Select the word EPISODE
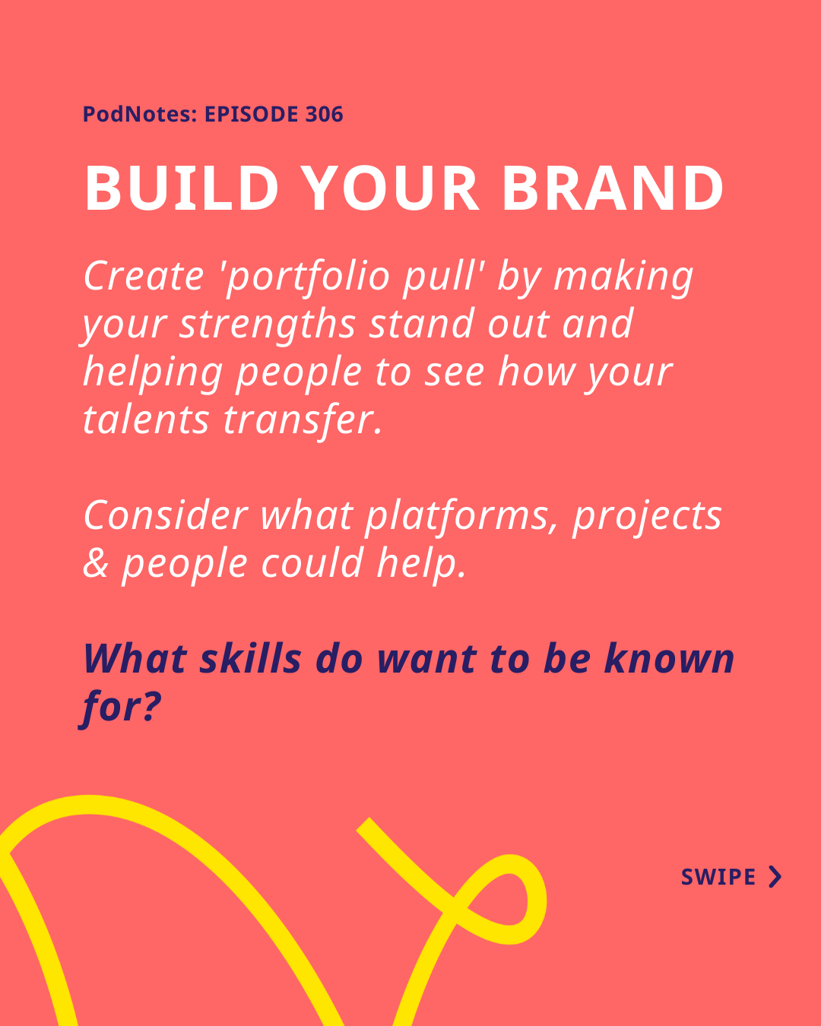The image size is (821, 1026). click(252, 115)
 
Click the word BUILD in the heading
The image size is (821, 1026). click(181, 188)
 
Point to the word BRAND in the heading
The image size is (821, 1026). click(613, 188)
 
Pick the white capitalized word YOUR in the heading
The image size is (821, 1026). click(389, 188)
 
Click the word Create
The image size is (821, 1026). click(144, 277)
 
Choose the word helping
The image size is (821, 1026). click(153, 374)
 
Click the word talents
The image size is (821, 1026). click(146, 420)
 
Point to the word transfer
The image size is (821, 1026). click(303, 422)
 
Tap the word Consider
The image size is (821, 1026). click(166, 515)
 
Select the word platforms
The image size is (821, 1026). click(461, 518)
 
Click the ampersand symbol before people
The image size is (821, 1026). click(96, 564)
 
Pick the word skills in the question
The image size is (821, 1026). click(250, 658)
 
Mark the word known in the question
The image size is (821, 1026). click(669, 658)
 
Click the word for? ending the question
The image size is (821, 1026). click(120, 708)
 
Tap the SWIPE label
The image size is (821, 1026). click(718, 877)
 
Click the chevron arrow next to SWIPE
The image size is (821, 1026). click(775, 877)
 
